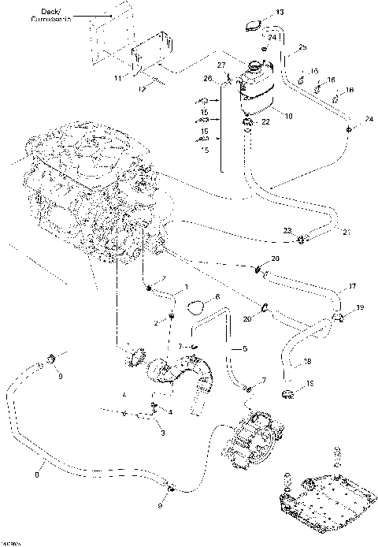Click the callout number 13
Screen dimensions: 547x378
click(280, 13)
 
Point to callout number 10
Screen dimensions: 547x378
click(288, 116)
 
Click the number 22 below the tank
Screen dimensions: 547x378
click(265, 121)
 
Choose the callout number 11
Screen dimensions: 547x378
click(117, 79)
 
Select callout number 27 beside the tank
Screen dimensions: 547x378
click(221, 64)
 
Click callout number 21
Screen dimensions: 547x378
click(345, 232)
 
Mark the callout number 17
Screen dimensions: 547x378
click(352, 286)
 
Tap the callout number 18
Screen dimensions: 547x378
click(308, 361)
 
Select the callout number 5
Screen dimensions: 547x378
click(244, 348)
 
